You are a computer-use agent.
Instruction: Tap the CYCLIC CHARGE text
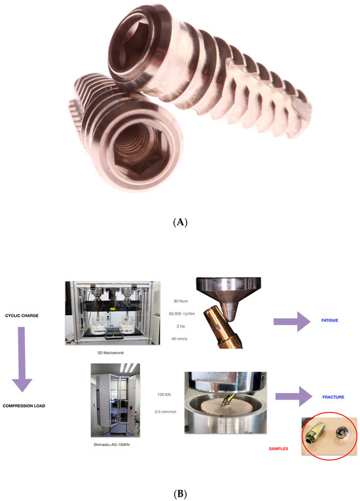click(x=31, y=316)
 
